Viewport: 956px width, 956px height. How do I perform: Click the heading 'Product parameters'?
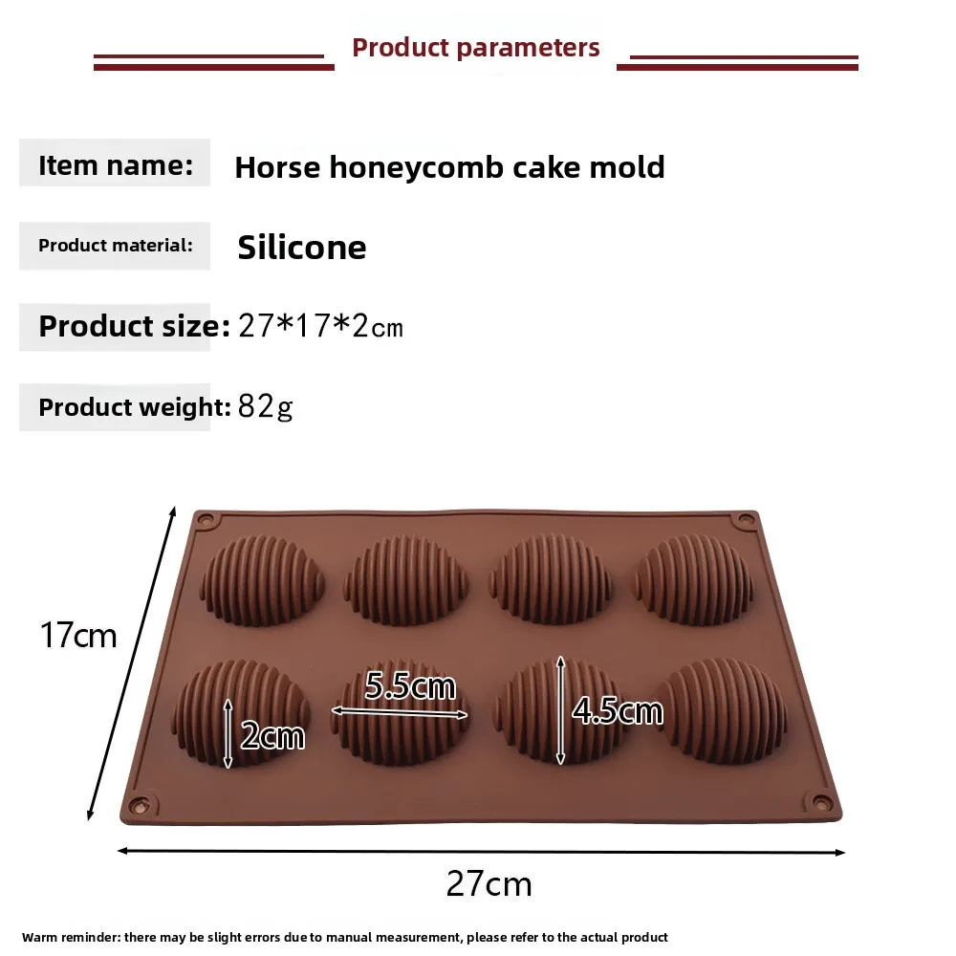476,48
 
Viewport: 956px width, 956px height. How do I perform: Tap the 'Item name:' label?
116,164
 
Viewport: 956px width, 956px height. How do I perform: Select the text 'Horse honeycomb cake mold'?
449,167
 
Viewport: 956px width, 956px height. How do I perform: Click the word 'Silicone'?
302,248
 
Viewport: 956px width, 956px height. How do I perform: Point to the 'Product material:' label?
116,246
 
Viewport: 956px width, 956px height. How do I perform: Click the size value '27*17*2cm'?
320,327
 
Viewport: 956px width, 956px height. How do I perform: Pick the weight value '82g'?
265,407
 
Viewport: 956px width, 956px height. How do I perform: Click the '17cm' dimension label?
78,635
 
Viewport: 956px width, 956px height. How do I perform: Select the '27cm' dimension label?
489,883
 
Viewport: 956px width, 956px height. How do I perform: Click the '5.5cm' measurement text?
410,686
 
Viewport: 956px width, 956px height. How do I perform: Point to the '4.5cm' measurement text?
617,710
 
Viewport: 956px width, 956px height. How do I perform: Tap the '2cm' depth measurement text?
272,735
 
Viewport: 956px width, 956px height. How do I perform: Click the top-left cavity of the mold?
263,580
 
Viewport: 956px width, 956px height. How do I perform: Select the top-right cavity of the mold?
694,580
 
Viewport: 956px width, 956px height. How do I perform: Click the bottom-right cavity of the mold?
723,712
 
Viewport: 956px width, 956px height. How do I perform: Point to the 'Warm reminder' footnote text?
345,937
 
